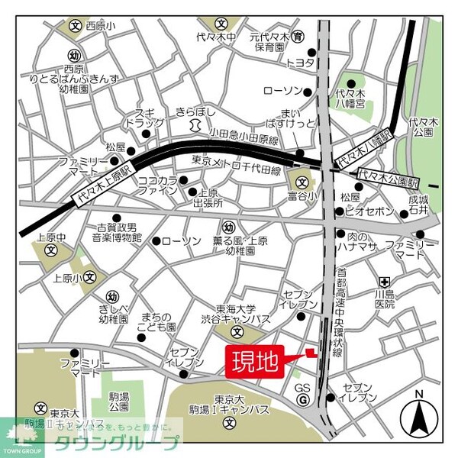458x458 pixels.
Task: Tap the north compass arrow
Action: pyautogui.click(x=418, y=415)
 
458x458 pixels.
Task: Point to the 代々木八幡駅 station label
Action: pyautogui.click(x=364, y=152)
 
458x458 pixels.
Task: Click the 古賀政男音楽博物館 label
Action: pyautogui.click(x=115, y=233)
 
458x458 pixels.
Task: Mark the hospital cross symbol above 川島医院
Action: pyautogui.click(x=385, y=279)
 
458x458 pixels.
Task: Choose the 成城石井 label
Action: pyautogui.click(x=420, y=206)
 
